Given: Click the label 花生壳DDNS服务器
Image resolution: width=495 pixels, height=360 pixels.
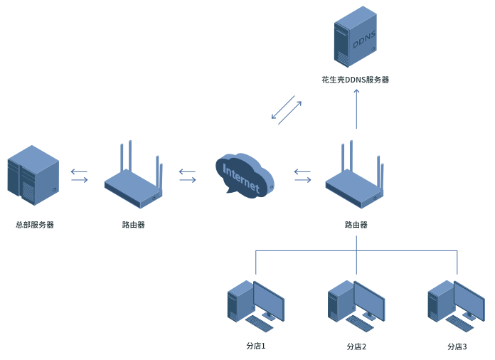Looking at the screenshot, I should pos(355,80).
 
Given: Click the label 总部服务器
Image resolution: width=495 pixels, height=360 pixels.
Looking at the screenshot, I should pos(35,225).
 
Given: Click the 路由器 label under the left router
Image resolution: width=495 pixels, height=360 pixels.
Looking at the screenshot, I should pos(134,225).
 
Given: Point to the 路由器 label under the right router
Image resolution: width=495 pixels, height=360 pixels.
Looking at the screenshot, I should pos(356,225).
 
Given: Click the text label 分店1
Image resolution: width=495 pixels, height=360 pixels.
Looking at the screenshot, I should pos(255,346).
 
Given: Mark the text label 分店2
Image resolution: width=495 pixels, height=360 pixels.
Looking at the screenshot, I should pos(356,346).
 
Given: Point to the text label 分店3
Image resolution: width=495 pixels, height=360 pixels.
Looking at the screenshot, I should pos(457,346).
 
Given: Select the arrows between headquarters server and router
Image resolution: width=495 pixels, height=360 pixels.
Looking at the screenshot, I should pos(80,175).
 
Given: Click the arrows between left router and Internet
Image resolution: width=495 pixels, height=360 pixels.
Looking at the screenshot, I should pos(188,175).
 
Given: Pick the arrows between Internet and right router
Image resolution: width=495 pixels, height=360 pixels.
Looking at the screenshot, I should pos(302,175).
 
